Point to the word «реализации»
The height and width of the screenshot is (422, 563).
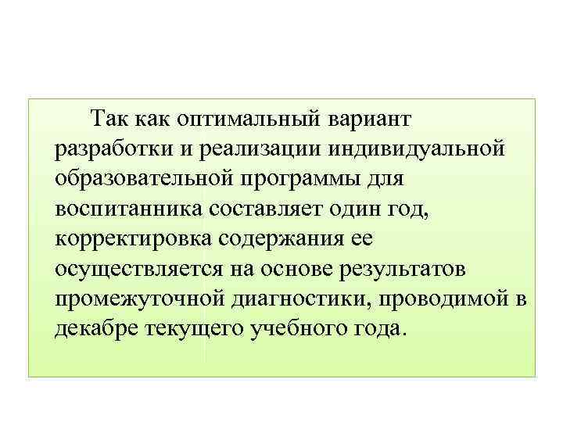point(247,149)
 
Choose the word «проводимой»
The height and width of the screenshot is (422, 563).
point(446,297)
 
